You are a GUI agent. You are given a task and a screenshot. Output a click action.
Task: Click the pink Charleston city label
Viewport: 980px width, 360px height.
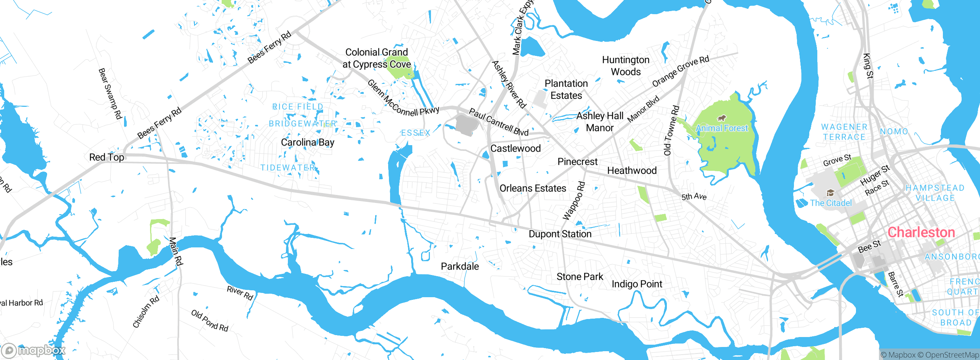(x=921, y=232)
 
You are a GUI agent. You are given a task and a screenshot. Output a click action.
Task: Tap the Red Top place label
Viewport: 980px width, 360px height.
(x=106, y=157)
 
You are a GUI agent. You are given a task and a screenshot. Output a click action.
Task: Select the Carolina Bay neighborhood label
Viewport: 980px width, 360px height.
(x=307, y=142)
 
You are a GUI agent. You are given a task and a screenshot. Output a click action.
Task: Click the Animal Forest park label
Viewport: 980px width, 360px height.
(x=721, y=128)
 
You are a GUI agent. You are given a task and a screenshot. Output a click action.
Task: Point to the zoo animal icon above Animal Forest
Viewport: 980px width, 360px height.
(x=722, y=118)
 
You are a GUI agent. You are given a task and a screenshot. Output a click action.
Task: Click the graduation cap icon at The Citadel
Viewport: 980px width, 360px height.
(x=830, y=193)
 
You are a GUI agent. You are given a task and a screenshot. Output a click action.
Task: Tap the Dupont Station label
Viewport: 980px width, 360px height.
(x=560, y=234)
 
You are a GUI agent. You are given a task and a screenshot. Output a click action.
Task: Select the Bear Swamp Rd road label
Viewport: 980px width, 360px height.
(x=110, y=93)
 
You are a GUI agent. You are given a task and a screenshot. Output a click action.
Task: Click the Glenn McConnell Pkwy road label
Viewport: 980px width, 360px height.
(x=403, y=99)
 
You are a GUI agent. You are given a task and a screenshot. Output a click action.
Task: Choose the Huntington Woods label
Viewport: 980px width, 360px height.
(x=626, y=66)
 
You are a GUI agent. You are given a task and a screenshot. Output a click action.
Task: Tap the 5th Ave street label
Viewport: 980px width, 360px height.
(x=694, y=197)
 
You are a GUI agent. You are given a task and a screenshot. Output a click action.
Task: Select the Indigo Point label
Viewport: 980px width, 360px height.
(x=637, y=284)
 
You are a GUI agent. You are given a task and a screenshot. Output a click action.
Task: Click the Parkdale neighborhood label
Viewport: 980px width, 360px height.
(x=460, y=266)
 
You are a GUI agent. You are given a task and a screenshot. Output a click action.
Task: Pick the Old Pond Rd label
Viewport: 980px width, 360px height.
(x=210, y=321)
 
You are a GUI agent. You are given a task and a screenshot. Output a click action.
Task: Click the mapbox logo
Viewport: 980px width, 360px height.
(x=34, y=350)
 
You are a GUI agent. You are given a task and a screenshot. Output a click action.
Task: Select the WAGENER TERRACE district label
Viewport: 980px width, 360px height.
(x=844, y=132)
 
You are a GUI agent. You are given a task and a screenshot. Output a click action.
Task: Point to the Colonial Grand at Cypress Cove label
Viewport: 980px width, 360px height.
(x=376, y=58)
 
